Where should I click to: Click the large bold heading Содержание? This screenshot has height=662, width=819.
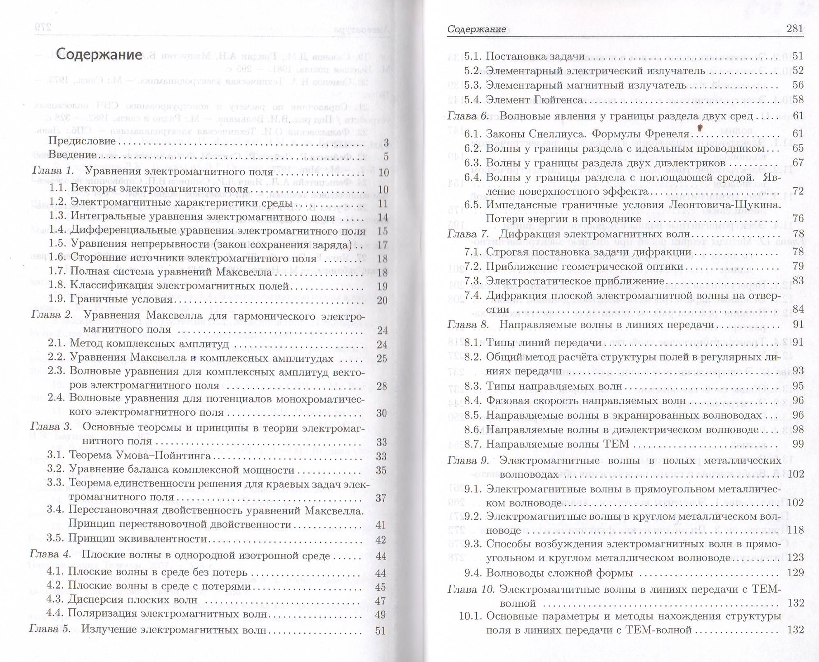click(99, 54)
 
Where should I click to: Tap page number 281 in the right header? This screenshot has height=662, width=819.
click(795, 28)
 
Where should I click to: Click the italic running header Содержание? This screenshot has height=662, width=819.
click(476, 29)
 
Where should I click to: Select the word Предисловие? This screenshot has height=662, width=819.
click(82, 141)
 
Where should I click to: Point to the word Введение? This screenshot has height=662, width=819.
click(72, 155)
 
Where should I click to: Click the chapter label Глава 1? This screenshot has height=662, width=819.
click(53, 171)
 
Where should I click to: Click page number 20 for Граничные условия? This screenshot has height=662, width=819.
click(382, 301)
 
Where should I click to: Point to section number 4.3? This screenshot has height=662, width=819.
click(55, 600)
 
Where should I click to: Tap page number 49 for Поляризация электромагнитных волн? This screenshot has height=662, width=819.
click(381, 615)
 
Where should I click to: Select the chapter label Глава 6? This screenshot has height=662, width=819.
click(468, 116)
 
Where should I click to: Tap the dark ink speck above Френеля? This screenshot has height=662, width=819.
click(700, 128)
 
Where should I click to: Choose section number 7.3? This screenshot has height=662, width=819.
click(473, 281)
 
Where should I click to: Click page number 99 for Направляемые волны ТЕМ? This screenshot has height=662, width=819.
click(798, 444)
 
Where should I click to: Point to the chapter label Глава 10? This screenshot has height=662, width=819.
click(471, 589)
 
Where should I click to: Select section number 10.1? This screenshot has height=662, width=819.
click(470, 616)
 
